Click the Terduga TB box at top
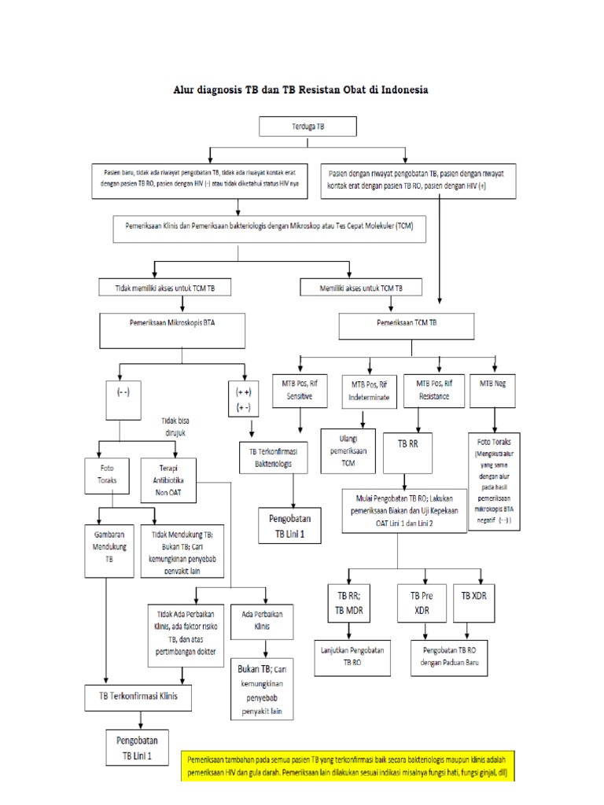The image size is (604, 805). click(x=308, y=126)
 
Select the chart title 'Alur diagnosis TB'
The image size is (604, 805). click(x=301, y=90)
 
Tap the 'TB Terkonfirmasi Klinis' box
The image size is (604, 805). click(x=142, y=697)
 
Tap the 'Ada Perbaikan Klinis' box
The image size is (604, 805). click(x=263, y=622)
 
